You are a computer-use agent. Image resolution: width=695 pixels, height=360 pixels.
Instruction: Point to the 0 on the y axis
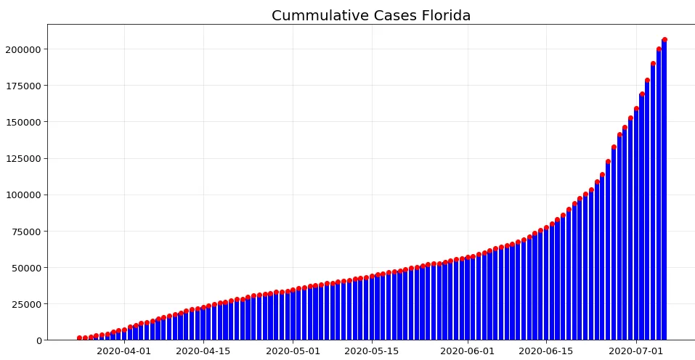(x=38, y=340)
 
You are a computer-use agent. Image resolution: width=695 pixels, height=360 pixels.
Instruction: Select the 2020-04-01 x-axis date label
(x=124, y=351)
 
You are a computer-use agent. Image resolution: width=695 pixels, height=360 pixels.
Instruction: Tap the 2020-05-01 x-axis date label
(x=293, y=351)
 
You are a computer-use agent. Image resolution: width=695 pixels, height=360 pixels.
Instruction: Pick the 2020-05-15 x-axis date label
(x=371, y=351)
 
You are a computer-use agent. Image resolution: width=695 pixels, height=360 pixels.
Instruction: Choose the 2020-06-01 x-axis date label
(x=467, y=351)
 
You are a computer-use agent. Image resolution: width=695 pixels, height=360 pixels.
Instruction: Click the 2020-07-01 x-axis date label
(x=635, y=351)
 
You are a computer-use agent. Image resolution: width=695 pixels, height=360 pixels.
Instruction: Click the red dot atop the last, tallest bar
(x=664, y=40)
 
